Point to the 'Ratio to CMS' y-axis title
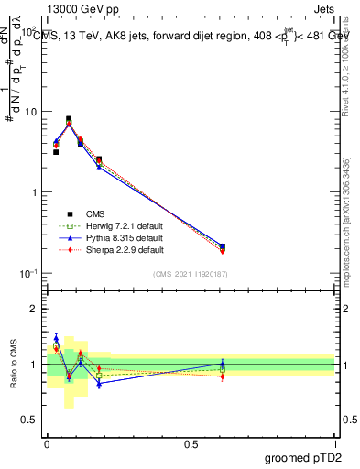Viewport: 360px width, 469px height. pos(12,365)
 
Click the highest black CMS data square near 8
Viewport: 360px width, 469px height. pos(69,119)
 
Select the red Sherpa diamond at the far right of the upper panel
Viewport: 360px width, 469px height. pos(223,251)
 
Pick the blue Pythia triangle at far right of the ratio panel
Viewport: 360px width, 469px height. pos(223,364)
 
